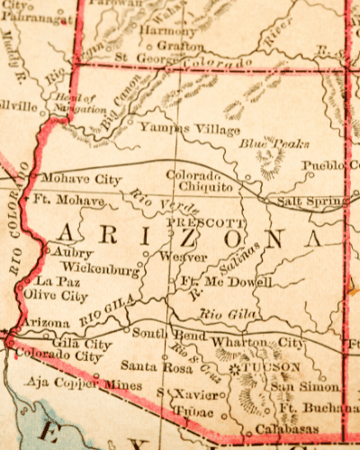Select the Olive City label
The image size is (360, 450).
(56, 295)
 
